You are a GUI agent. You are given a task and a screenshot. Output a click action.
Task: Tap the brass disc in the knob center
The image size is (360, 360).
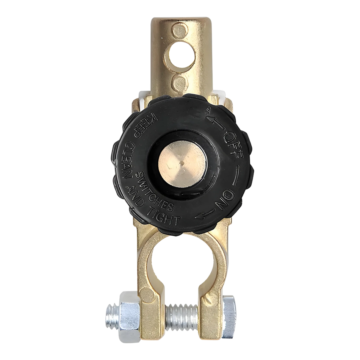(x=182, y=163)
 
